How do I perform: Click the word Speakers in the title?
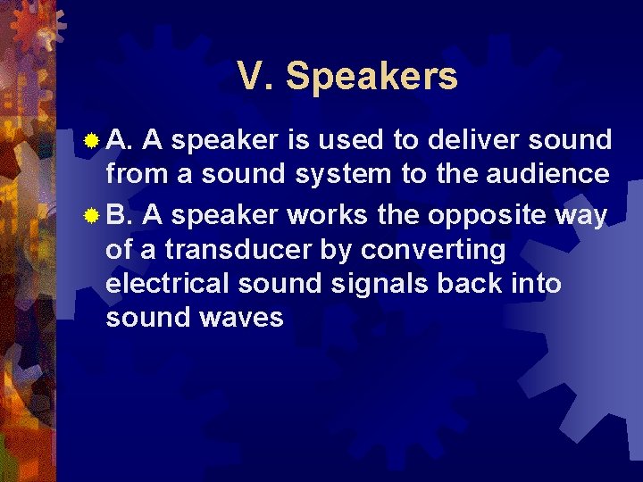pos(372,78)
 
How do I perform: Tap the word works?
pos(316,216)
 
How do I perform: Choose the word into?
pos(536,284)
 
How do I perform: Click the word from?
pos(137,174)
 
